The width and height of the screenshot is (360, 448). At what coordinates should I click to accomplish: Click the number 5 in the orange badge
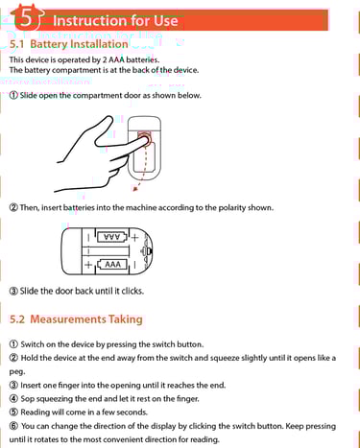point(27,18)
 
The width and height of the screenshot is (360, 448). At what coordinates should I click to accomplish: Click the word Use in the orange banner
point(165,21)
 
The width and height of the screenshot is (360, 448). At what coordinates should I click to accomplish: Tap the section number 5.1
point(16,44)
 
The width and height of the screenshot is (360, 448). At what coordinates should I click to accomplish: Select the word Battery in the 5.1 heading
point(48,44)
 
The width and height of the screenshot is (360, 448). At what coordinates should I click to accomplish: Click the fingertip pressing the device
point(145,139)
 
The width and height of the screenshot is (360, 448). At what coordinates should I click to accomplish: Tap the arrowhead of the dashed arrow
point(135,189)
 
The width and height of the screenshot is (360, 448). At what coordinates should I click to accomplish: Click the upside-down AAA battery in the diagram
point(112,237)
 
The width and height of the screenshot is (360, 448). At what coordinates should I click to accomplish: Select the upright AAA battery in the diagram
point(112,265)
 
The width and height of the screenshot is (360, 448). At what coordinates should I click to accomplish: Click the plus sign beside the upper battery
point(135,238)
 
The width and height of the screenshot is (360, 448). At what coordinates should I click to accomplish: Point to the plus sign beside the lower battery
point(88,265)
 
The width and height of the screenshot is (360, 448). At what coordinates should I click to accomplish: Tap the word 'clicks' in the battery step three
point(132,291)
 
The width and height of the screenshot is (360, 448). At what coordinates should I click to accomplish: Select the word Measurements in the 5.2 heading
point(68,319)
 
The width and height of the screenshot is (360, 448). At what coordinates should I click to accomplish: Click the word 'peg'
point(17,372)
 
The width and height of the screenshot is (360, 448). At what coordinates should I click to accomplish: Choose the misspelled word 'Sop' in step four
point(28,399)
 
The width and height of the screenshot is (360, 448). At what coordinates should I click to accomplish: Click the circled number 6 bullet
point(13,426)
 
